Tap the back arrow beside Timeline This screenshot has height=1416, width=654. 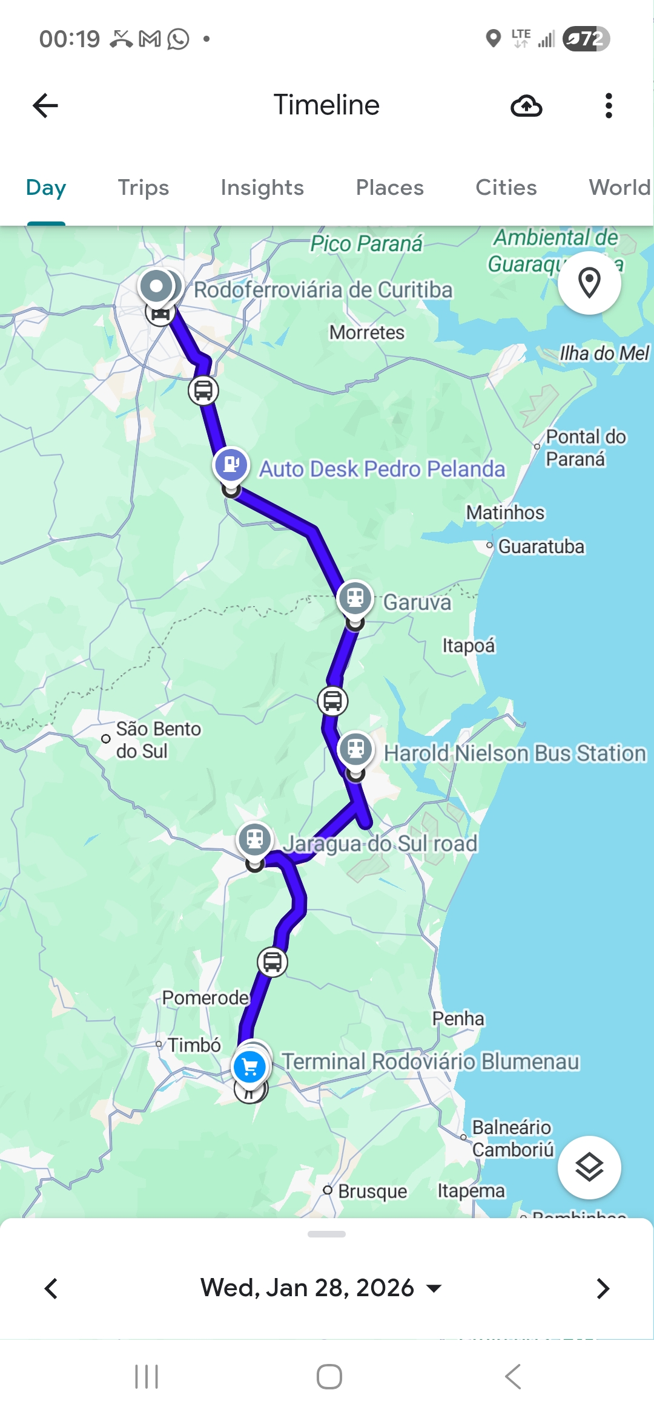[x=45, y=105]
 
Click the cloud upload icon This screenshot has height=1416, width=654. [x=526, y=106]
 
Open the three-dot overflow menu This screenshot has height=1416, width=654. [x=609, y=106]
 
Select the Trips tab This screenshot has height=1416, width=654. [x=143, y=188]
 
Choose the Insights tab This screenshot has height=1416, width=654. [x=262, y=188]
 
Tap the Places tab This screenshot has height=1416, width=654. [x=389, y=188]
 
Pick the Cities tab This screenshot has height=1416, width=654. [x=506, y=188]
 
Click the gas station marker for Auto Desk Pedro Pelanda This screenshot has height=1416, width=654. [x=231, y=465]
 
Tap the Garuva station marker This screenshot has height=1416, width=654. [x=355, y=598]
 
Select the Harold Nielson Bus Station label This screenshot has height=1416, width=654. [x=515, y=753]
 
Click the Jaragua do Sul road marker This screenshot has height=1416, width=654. [x=255, y=839]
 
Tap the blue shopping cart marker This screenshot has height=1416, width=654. [x=249, y=1067]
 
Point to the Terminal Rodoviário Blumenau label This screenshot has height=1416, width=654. [x=431, y=1061]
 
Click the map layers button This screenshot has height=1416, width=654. [x=589, y=1167]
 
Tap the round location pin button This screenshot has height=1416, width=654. [x=589, y=283]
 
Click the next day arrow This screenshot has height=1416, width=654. [x=603, y=1288]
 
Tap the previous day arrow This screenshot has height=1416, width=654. [x=51, y=1288]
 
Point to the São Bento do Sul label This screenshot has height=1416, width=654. [x=158, y=739]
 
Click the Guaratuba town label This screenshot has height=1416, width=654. [x=541, y=546]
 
